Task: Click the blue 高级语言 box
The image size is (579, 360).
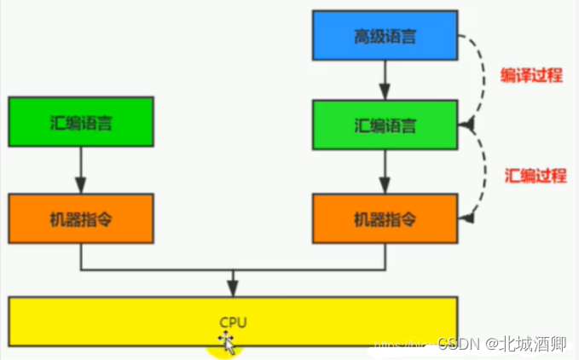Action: (x=386, y=38)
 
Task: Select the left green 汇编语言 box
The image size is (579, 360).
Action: (x=81, y=121)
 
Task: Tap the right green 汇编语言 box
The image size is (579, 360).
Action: (x=386, y=126)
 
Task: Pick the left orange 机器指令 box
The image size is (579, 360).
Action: (x=81, y=218)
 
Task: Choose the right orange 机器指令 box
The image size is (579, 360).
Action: (x=386, y=218)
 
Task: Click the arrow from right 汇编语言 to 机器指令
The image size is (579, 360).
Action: (x=386, y=173)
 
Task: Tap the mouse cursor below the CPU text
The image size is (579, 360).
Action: (x=228, y=342)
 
